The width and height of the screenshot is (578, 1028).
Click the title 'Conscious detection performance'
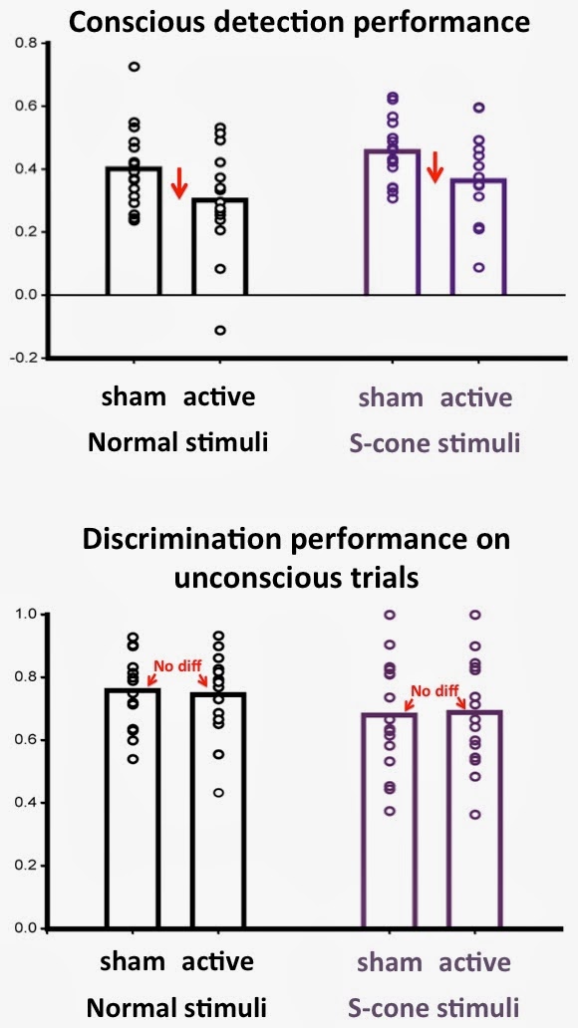[x=299, y=22]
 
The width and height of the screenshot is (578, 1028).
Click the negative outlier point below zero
[x=220, y=330]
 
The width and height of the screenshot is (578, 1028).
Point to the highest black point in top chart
[x=134, y=66]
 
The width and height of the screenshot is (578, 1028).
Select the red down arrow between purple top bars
[x=434, y=167]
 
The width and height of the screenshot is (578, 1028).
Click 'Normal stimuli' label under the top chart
[x=177, y=442]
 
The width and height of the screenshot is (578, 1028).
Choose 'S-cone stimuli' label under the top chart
[x=435, y=443]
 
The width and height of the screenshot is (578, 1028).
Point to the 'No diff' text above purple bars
[x=433, y=690]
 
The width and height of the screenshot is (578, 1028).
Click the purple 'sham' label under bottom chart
[x=391, y=962]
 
